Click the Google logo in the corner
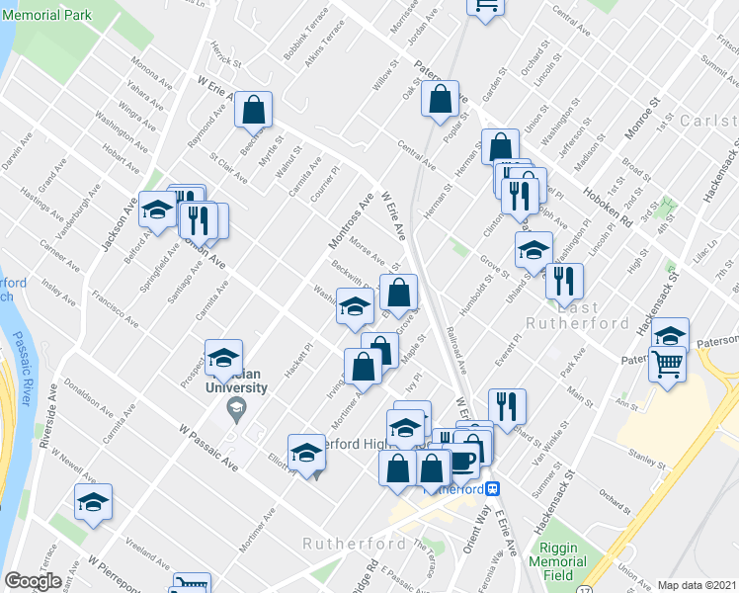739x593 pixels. click(x=34, y=581)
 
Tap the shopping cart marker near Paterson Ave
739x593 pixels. click(x=668, y=365)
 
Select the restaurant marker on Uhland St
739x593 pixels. click(x=564, y=281)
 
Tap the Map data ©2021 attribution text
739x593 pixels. click(x=697, y=585)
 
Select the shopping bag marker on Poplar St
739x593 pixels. click(x=440, y=99)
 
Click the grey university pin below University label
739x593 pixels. click(x=234, y=411)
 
